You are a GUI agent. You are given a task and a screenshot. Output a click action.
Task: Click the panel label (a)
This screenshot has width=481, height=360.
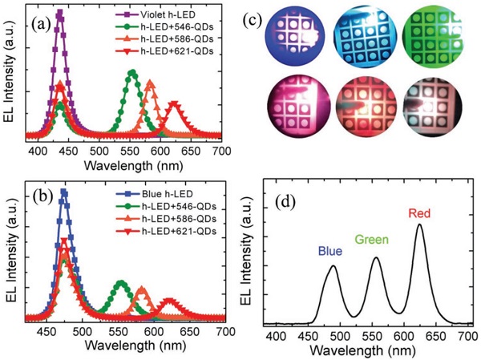(42, 22)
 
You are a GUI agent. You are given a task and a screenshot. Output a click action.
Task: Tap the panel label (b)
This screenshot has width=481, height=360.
(42, 198)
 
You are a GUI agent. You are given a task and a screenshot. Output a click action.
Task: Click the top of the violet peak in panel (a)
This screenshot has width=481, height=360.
(59, 11)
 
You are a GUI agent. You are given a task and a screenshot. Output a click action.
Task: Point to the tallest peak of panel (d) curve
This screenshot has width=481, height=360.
(420, 225)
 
